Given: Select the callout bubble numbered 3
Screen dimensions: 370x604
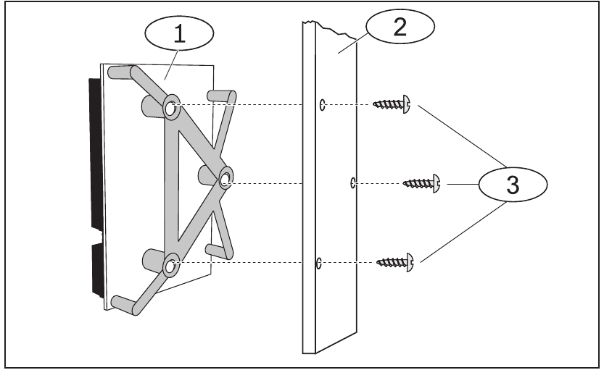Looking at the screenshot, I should pyautogui.click(x=512, y=184).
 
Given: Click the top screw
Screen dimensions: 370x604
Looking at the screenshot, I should pyautogui.click(x=392, y=106).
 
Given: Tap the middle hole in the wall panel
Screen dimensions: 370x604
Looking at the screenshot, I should pyautogui.click(x=352, y=182).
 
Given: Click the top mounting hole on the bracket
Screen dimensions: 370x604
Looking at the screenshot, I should pyautogui.click(x=171, y=109).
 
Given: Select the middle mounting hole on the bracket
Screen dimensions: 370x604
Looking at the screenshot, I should pyautogui.click(x=226, y=178).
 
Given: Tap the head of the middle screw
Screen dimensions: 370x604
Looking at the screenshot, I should pyautogui.click(x=437, y=183).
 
